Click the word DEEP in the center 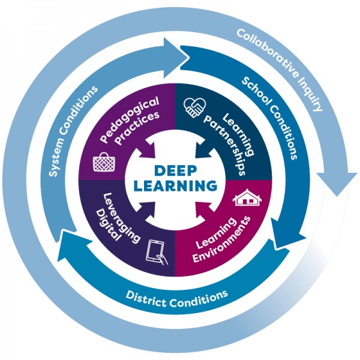tap(175, 170)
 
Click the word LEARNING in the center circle tap(175, 185)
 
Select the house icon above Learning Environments tap(245, 198)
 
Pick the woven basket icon tap(103, 161)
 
